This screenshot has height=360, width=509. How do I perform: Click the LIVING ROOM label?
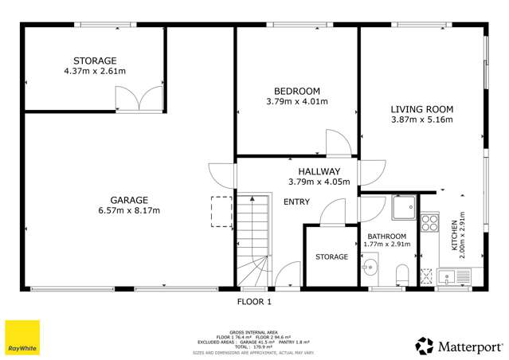click(x=421, y=109)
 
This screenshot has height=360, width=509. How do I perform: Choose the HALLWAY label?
click(x=319, y=171)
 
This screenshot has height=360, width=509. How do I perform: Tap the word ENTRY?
click(x=297, y=202)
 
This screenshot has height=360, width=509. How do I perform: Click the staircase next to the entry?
click(x=253, y=239)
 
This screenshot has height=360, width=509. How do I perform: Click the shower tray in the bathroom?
click(x=403, y=208)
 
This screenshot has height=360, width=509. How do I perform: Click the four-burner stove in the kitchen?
click(x=430, y=221)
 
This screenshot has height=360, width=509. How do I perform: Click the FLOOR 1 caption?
click(x=255, y=303)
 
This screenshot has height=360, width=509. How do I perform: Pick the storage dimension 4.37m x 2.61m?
click(x=95, y=72)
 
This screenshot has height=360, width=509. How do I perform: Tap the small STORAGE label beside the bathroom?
click(x=331, y=256)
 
